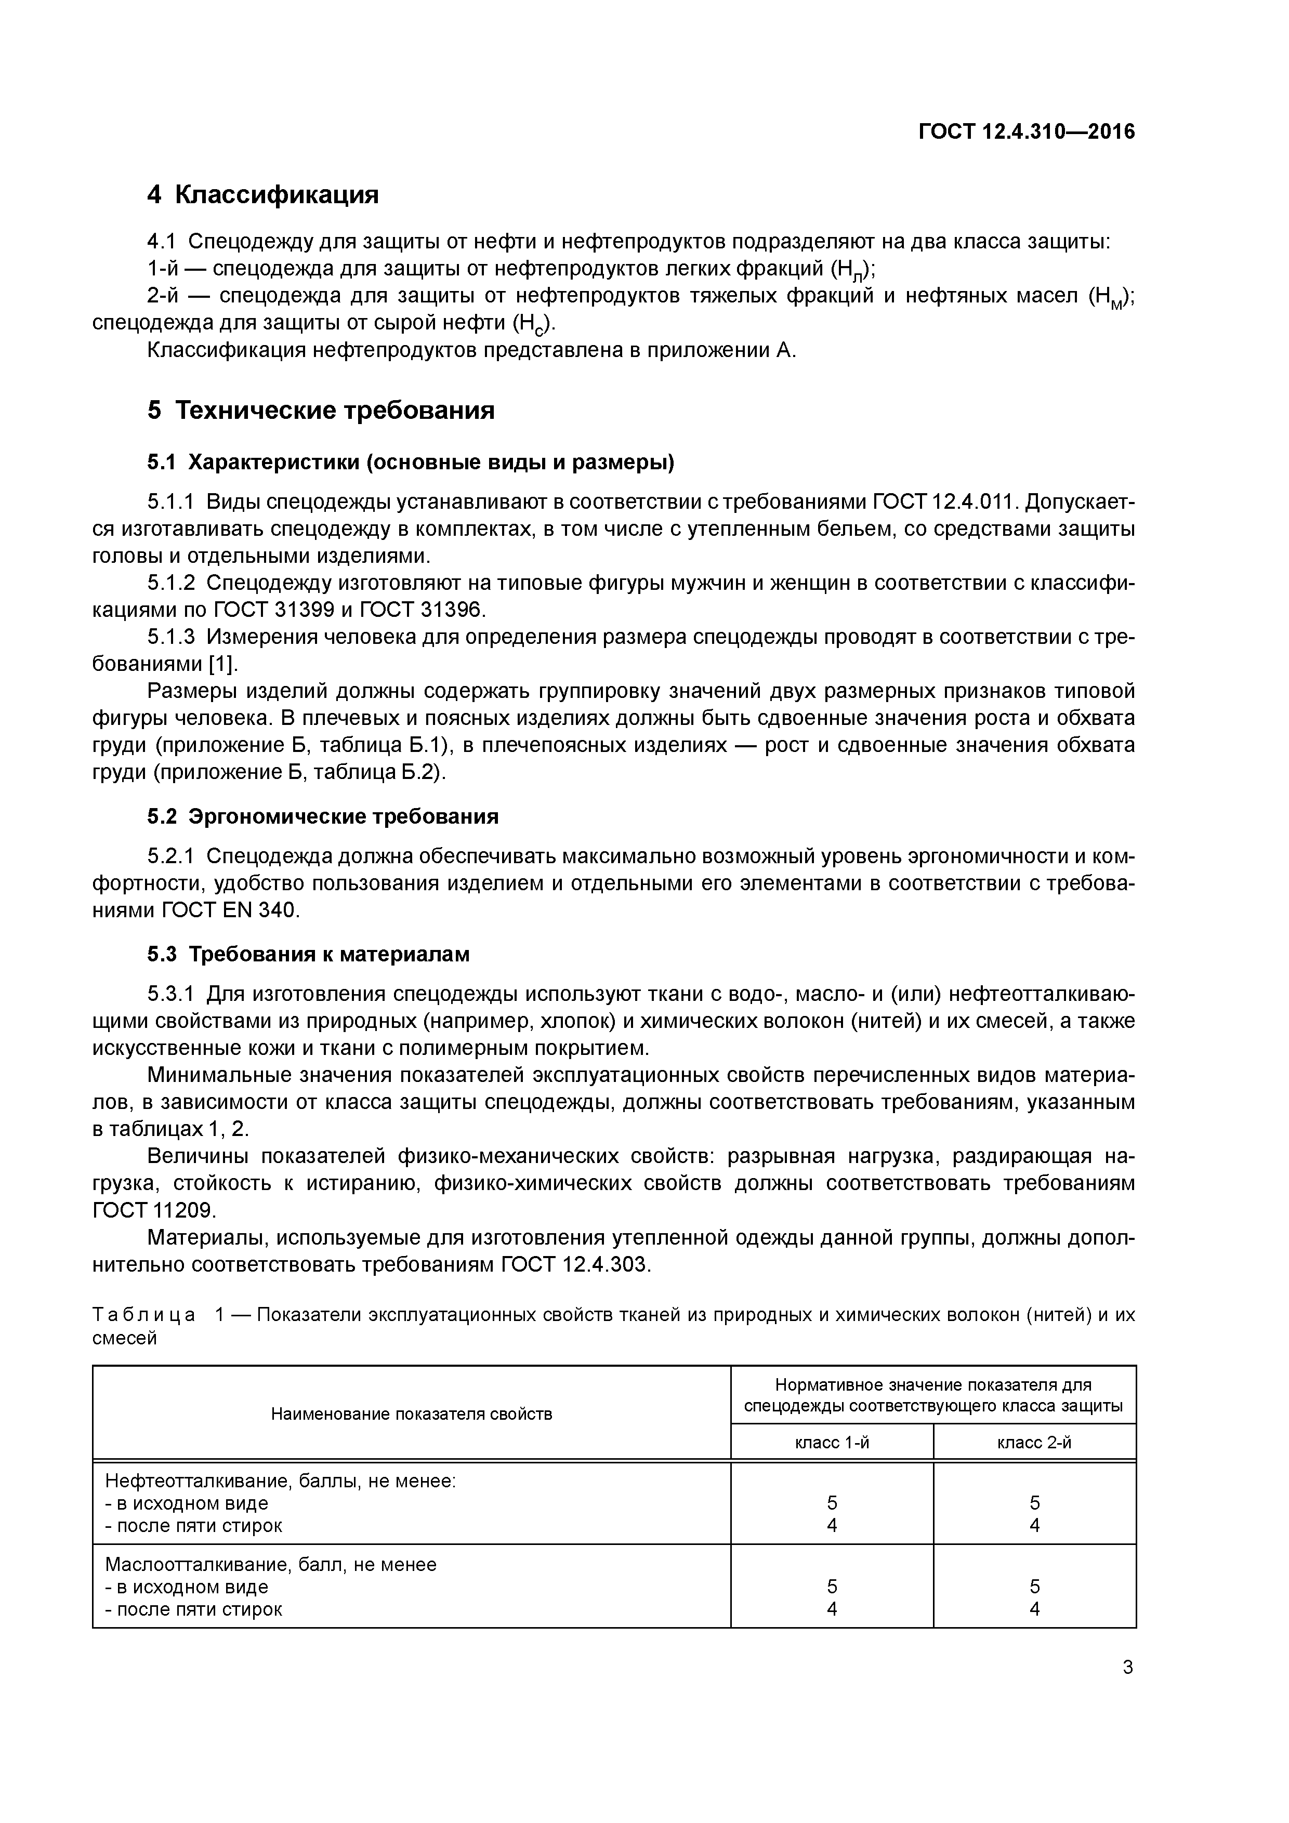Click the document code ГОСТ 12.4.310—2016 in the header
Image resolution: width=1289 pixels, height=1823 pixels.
(1026, 132)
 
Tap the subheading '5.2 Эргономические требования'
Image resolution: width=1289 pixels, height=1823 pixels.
(322, 816)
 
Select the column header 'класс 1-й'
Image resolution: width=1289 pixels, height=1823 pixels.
(832, 1443)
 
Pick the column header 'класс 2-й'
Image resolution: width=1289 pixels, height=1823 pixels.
(1034, 1443)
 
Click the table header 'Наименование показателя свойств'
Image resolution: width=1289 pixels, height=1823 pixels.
(412, 1414)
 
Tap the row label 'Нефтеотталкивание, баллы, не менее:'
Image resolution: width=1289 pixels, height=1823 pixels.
(280, 1481)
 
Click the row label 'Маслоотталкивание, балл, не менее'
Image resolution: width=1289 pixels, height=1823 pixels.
(271, 1564)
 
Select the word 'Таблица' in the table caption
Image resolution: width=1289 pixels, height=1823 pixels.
(144, 1315)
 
